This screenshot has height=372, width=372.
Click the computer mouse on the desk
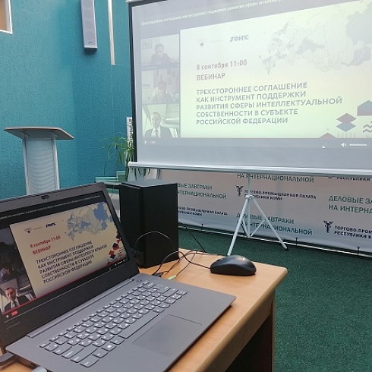(x=232, y=264)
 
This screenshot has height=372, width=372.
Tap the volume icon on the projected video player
(x=343, y=143)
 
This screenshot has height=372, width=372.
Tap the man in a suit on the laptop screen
(x=11, y=301)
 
